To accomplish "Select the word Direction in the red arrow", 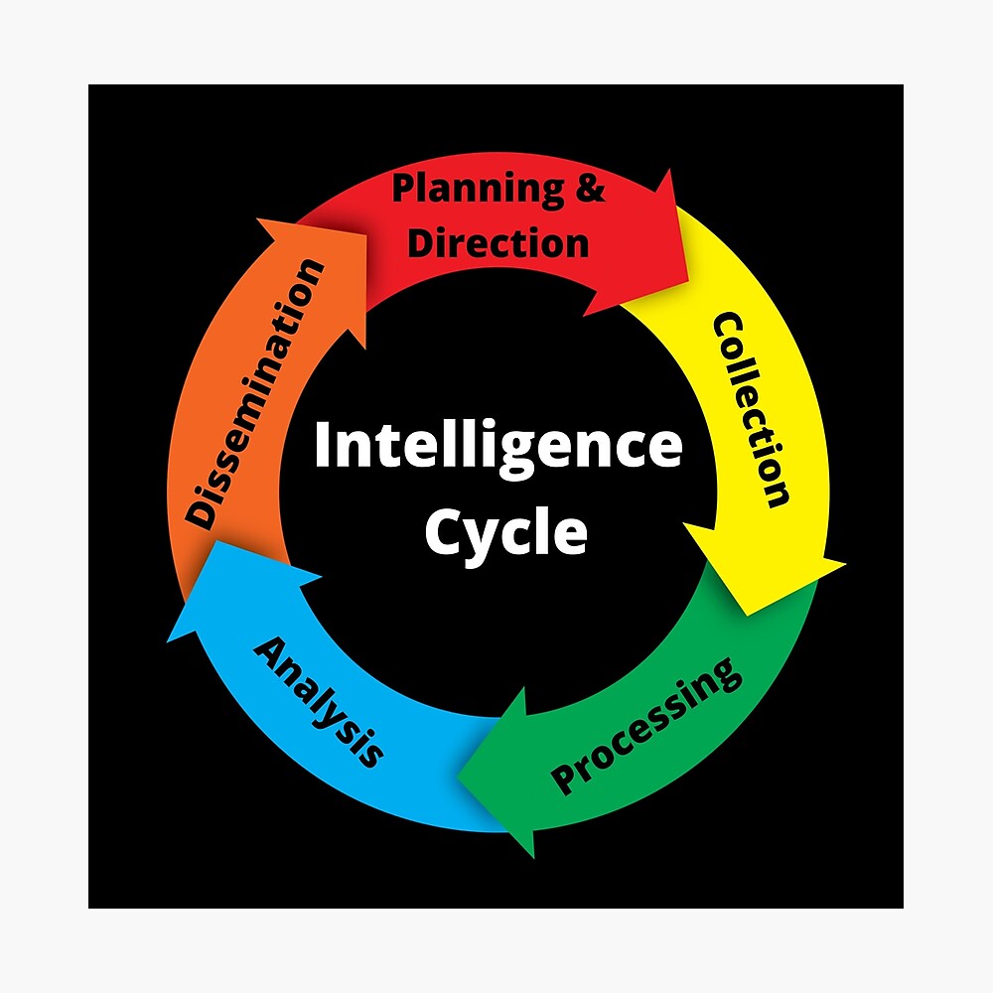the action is (x=498, y=242).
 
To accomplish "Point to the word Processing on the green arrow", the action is (x=646, y=725).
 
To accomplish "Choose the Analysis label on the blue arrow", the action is (x=319, y=702).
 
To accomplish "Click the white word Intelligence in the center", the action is (x=497, y=446).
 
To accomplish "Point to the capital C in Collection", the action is (x=730, y=331).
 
